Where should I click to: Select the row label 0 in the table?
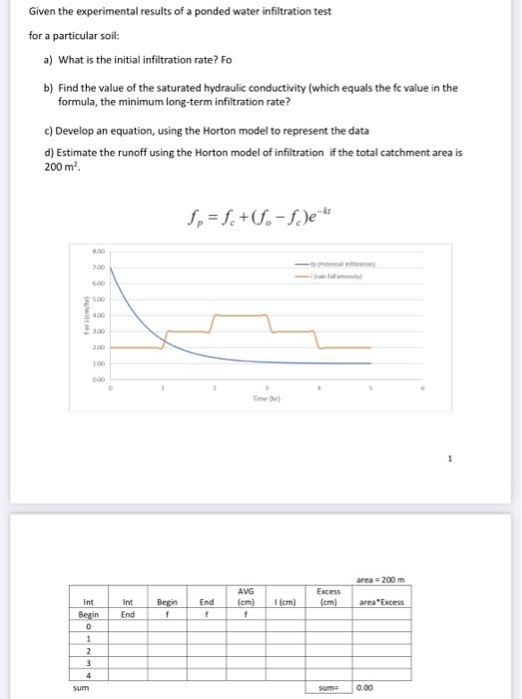click(x=89, y=626)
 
